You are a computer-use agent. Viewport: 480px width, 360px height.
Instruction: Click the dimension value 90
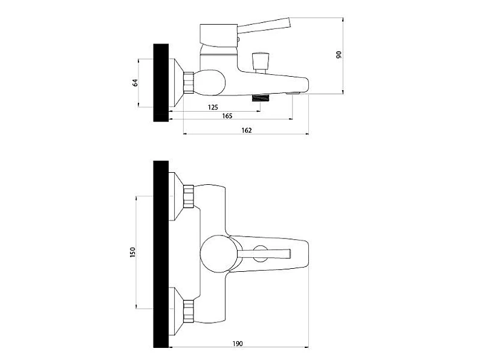click(339, 55)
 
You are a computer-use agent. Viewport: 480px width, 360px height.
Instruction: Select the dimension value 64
click(135, 83)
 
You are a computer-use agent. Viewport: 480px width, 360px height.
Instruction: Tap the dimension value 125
click(213, 107)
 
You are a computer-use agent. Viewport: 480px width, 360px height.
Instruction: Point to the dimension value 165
click(227, 116)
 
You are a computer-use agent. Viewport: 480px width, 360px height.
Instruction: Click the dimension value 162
click(247, 130)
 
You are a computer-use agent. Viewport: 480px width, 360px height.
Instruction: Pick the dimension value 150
click(132, 252)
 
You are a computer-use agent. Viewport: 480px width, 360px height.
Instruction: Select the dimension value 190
click(237, 344)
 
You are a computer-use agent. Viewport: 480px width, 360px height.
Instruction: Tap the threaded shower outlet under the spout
click(261, 98)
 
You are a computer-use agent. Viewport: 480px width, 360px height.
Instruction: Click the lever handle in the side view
click(264, 25)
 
